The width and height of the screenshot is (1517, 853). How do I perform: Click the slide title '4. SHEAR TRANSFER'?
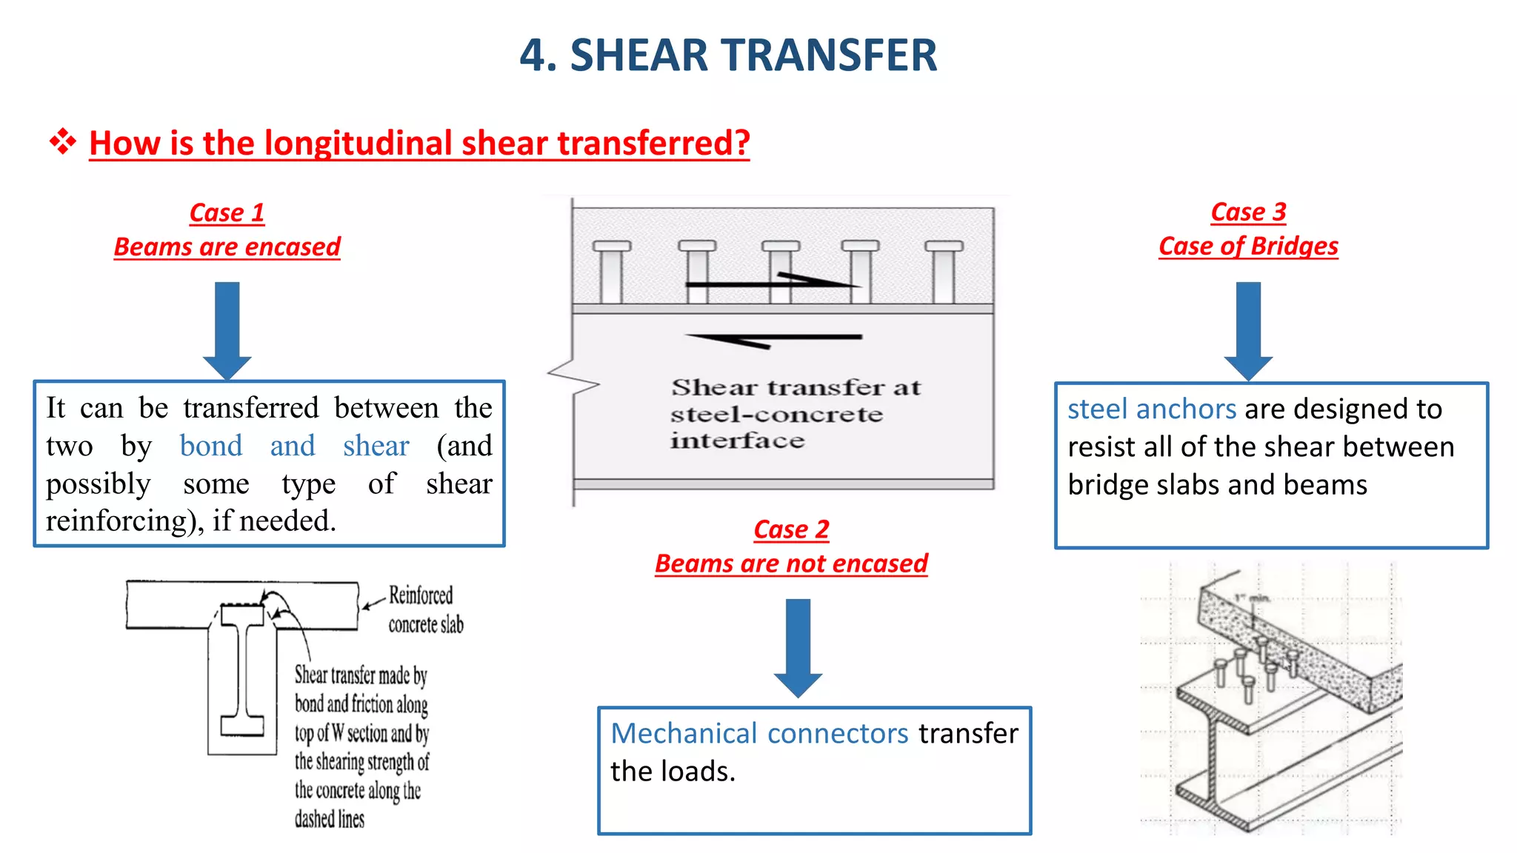pyautogui.click(x=728, y=56)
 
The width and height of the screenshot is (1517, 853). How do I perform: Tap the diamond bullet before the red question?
pyautogui.click(x=63, y=141)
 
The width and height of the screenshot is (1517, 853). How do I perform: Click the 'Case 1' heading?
pyautogui.click(x=227, y=213)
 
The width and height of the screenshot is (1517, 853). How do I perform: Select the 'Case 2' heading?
pyautogui.click(x=791, y=530)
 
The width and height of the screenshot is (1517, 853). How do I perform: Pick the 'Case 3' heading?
pyautogui.click(x=1248, y=213)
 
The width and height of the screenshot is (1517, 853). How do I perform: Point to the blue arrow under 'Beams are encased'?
pyautogui.click(x=227, y=329)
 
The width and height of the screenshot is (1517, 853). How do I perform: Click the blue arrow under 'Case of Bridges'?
pyautogui.click(x=1248, y=329)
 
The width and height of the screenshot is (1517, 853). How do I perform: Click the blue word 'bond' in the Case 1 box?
pyautogui.click(x=211, y=446)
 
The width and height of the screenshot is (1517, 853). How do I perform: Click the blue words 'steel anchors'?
pyautogui.click(x=1152, y=409)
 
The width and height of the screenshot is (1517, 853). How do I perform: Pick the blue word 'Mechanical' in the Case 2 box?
pyautogui.click(x=684, y=733)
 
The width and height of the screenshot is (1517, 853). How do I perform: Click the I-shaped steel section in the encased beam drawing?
pyautogui.click(x=242, y=669)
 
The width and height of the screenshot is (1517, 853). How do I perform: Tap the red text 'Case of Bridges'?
pyautogui.click(x=1248, y=247)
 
